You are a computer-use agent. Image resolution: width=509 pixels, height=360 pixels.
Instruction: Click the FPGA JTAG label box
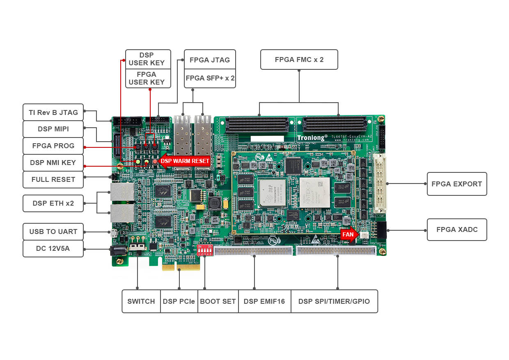pyautogui.click(x=210, y=60)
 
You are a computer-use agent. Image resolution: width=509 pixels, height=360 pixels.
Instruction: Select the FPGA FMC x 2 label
pyautogui.click(x=299, y=60)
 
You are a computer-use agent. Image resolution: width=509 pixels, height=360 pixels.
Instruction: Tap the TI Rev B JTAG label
pyautogui.click(x=53, y=112)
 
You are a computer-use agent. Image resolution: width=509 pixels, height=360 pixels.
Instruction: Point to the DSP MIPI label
pyautogui.click(x=53, y=129)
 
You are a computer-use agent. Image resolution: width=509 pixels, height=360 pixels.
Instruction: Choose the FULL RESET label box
pyautogui.click(x=53, y=179)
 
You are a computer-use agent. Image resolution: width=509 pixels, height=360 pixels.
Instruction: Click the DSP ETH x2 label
pyautogui.click(x=53, y=203)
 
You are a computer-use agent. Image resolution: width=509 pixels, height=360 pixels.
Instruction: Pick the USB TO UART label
pyautogui.click(x=53, y=232)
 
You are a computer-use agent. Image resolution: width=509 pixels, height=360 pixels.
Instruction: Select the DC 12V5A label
pyautogui.click(x=53, y=248)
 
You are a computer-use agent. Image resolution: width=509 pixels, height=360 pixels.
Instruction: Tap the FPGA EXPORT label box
pyautogui.click(x=456, y=184)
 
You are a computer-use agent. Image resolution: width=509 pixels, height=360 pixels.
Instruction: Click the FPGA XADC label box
pyautogui.click(x=456, y=229)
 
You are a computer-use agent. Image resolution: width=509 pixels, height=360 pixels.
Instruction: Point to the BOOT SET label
pyautogui.click(x=218, y=301)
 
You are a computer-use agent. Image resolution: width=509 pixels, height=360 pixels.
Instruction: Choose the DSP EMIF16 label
pyautogui.click(x=264, y=301)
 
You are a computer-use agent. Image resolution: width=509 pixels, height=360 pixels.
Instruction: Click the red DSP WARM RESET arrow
pyautogui.click(x=185, y=161)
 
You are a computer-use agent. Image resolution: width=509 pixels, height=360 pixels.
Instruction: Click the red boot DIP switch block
pyautogui.click(x=204, y=250)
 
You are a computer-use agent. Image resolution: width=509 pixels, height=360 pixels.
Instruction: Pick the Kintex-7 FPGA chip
pyautogui.click(x=314, y=192)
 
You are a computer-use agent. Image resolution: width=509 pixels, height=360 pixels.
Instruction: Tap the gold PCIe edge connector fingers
pyautogui.click(x=181, y=266)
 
